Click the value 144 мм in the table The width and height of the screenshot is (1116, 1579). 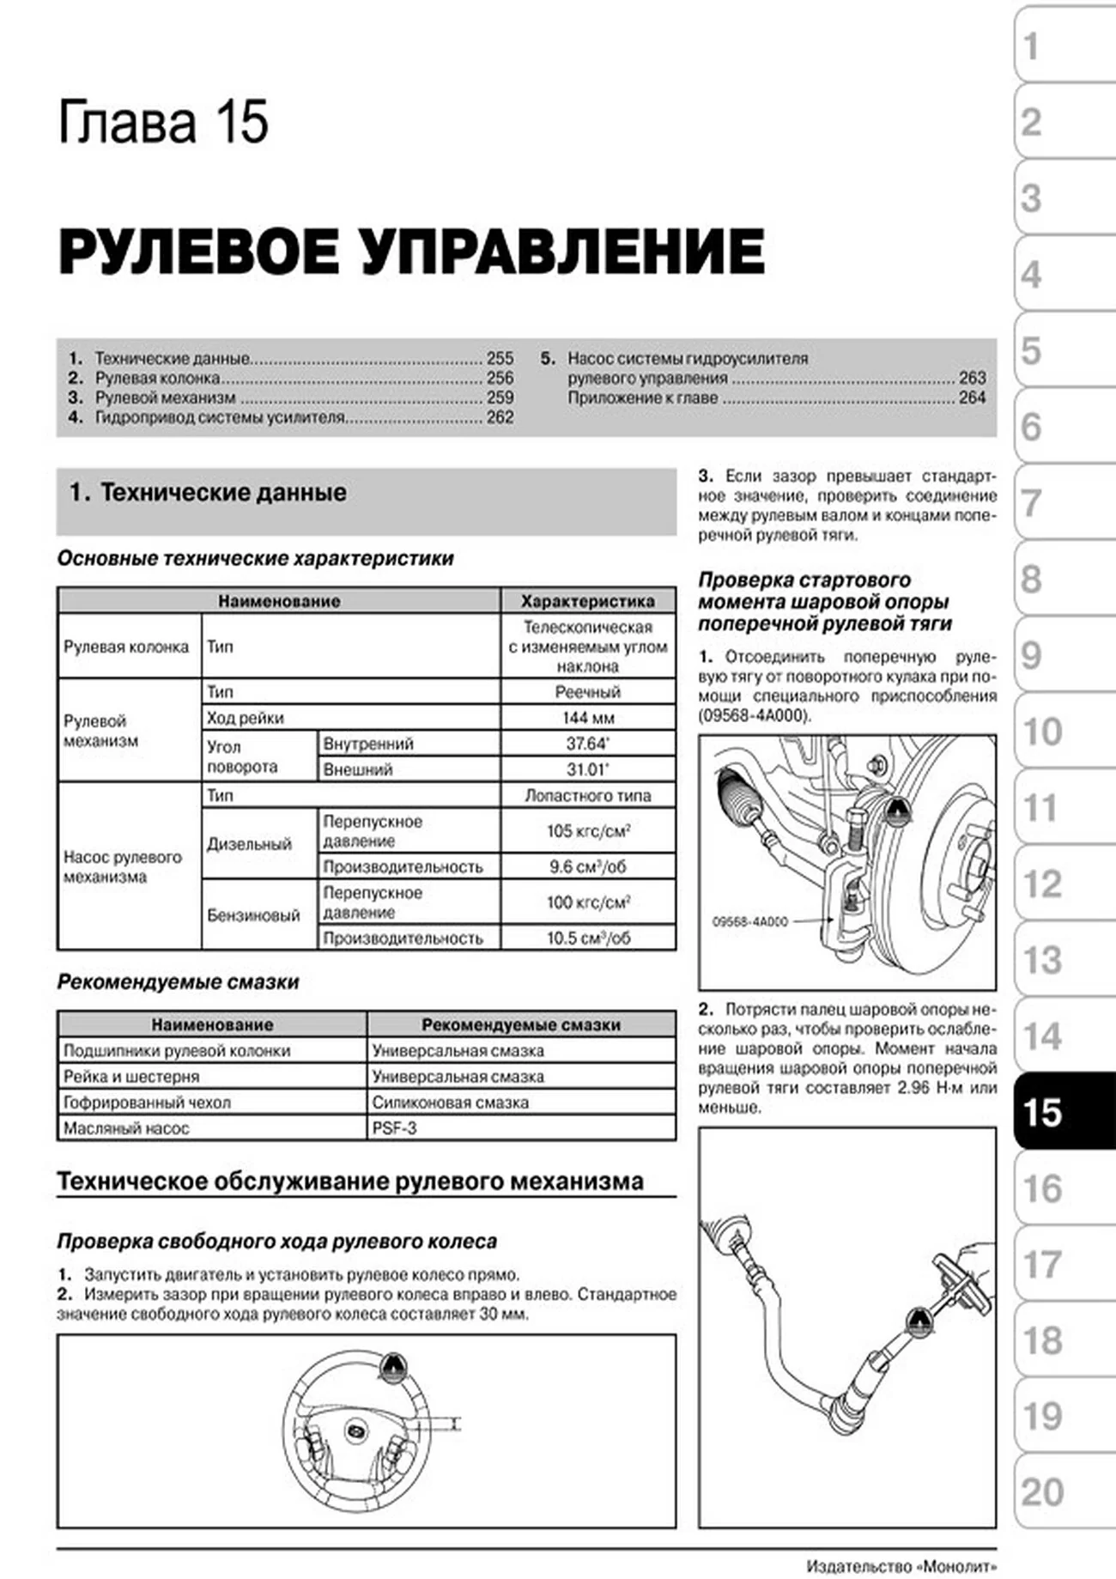click(x=587, y=718)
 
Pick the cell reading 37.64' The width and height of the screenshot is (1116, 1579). click(x=587, y=744)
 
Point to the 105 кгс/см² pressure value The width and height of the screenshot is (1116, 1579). click(x=588, y=831)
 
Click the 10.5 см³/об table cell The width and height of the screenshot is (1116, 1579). click(x=588, y=938)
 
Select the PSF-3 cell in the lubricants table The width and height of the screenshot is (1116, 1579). click(x=394, y=1128)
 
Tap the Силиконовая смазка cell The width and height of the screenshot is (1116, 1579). click(x=450, y=1102)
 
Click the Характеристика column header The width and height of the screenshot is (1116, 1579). click(x=587, y=601)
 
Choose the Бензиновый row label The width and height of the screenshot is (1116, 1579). click(x=253, y=915)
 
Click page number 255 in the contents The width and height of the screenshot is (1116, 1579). click(x=500, y=358)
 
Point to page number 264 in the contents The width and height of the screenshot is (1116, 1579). click(x=972, y=398)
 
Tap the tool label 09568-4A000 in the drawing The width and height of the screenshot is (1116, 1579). click(x=749, y=921)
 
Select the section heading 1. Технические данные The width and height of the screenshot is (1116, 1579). click(x=208, y=492)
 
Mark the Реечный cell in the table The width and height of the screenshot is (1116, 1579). click(x=587, y=692)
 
